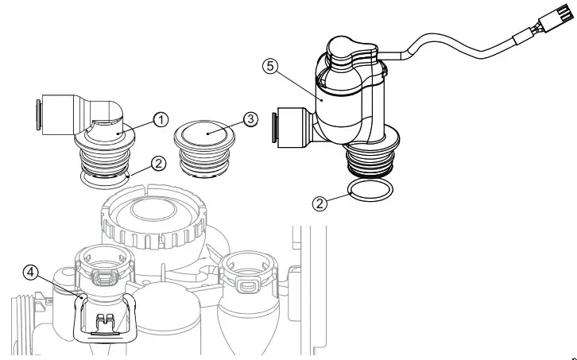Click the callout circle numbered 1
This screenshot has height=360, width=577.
point(160,119)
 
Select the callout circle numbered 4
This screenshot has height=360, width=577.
point(30,271)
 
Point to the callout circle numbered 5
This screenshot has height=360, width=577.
point(271,67)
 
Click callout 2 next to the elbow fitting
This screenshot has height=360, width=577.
point(158,163)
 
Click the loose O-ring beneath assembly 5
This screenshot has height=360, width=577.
point(370,192)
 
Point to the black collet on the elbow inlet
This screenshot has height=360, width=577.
point(37,112)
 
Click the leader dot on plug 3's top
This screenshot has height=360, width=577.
point(208,134)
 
